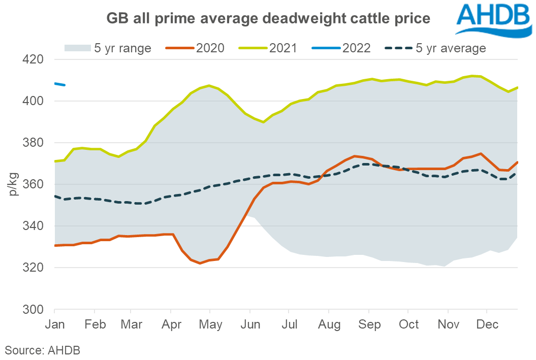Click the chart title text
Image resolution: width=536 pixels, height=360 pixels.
point(268,19)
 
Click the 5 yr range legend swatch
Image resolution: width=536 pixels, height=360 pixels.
point(76,48)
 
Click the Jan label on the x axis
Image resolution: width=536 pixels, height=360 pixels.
point(55,324)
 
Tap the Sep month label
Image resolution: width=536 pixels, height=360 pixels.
point(369,324)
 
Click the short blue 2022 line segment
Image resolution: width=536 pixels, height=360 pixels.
point(59,84)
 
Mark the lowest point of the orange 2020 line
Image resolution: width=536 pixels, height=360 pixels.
point(200,263)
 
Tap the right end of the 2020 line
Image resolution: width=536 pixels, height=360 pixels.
point(517,162)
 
